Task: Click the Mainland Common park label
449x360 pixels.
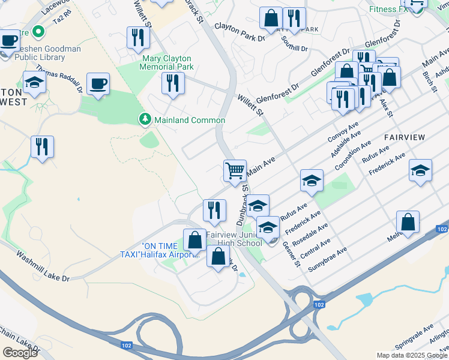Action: point(190,120)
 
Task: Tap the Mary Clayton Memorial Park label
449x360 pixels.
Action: point(167,62)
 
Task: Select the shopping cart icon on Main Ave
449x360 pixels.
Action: point(235,170)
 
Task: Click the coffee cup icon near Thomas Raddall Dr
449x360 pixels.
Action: point(97,84)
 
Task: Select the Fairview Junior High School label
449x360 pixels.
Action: point(234,239)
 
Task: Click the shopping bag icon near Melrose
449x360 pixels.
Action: point(408,221)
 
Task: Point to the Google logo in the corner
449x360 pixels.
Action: point(20,353)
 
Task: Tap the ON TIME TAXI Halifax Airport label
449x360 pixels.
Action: point(170,250)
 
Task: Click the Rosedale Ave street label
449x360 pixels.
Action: point(315,235)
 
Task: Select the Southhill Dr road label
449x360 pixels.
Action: point(295,43)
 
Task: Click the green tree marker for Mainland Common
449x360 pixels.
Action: point(145,119)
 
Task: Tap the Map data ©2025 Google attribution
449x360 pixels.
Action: point(411,355)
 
